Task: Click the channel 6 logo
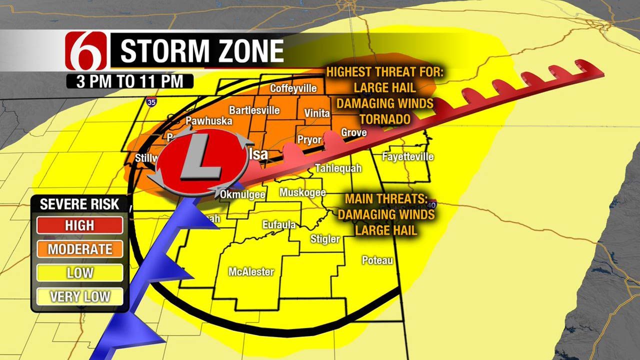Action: [86, 51]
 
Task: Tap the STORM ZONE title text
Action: [201, 51]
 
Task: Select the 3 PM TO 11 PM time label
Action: [130, 81]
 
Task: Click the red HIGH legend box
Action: [79, 225]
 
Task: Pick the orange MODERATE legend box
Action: [79, 249]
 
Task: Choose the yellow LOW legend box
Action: [79, 272]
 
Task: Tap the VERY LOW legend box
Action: [79, 296]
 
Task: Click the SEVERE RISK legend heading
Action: [79, 204]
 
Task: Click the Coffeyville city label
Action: [293, 88]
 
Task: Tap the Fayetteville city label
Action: [407, 156]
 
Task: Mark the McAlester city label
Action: [251, 272]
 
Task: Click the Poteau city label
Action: [377, 260]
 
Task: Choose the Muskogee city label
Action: [302, 192]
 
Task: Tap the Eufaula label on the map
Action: [279, 225]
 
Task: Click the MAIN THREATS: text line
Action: [385, 199]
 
